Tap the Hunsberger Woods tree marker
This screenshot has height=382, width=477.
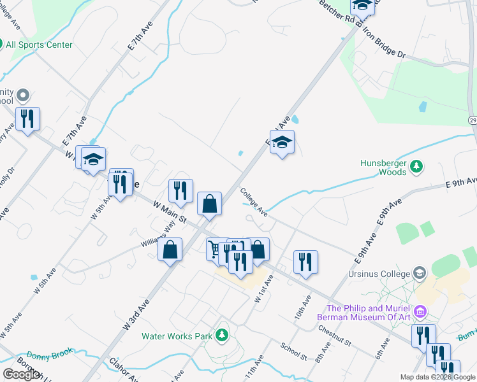416,166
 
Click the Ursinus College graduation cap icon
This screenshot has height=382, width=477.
419,274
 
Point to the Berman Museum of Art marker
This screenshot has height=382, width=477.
420,312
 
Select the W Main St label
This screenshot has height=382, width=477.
170,212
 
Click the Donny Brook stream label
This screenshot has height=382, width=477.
50,353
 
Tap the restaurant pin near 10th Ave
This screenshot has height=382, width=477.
305,262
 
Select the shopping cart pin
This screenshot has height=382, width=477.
216,248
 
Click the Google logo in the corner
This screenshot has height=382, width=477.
21,374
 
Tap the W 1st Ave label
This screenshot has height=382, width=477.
264,288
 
